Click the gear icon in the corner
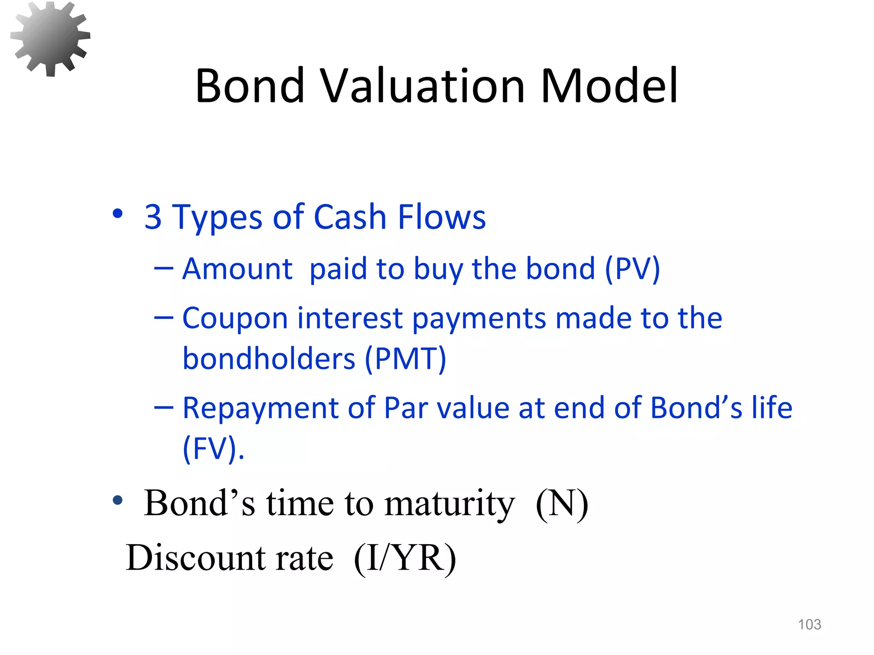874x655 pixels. coord(50,38)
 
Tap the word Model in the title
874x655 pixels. coord(609,86)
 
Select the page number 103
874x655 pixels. coord(809,625)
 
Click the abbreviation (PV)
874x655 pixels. coord(632,270)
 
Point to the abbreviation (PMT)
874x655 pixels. coord(405,359)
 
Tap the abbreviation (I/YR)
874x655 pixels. coord(405,558)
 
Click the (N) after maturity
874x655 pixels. coord(562,504)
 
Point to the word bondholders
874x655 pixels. coord(269,359)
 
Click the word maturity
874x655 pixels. coord(449,504)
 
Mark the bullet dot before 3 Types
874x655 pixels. coord(118,214)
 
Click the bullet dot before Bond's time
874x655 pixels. coord(118,501)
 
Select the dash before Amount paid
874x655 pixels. coord(164,269)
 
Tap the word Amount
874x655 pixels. coord(237,270)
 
